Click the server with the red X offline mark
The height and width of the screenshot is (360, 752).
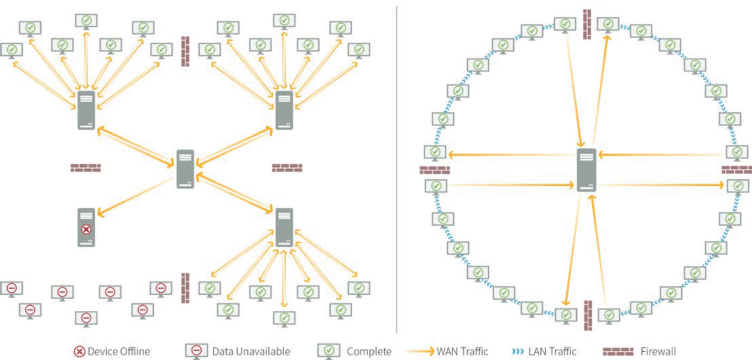pos(86,227)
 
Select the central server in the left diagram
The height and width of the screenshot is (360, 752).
pos(186,169)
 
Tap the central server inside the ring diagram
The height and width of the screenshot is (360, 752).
pos(587,170)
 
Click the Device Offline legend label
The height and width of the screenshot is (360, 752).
pos(118,352)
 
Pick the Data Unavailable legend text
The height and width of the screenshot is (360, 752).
pos(251,352)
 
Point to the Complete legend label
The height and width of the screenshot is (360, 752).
pos(369,352)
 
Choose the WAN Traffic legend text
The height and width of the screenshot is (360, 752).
pos(462,352)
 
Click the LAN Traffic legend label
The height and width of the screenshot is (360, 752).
pos(552,352)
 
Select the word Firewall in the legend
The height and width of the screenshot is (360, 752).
pos(658,352)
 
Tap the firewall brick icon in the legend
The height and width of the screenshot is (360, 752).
pos(618,352)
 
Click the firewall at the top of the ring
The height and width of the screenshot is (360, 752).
pos(587,24)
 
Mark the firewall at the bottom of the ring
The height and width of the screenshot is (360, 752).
pos(588,315)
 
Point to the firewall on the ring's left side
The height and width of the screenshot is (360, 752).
pos(435,170)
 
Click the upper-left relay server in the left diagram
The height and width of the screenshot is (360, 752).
pos(87,111)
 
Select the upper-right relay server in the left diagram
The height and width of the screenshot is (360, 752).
pos(284,111)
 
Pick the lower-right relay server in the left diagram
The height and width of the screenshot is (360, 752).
pos(284,227)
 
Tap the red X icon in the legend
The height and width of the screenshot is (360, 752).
pos(80,352)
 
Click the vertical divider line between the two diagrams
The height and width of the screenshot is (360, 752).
pos(397,166)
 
